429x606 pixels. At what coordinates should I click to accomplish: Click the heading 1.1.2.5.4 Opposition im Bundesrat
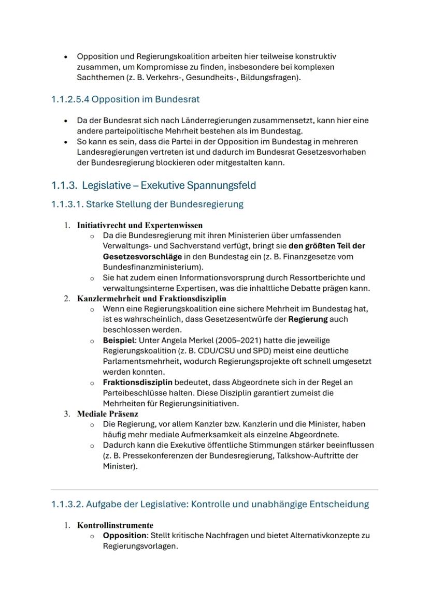coord(125,99)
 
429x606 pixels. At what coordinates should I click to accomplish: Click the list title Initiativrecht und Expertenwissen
coord(139,225)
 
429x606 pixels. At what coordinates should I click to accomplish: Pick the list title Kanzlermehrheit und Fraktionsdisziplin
coord(151,299)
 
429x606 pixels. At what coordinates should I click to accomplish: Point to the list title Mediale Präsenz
coord(107,414)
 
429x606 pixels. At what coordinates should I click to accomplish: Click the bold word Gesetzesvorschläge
coord(142,257)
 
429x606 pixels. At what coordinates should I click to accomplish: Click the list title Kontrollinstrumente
coord(115,525)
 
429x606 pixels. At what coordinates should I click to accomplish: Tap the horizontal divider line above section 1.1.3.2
coord(214,489)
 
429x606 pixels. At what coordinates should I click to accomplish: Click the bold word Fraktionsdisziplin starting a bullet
coord(137,382)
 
